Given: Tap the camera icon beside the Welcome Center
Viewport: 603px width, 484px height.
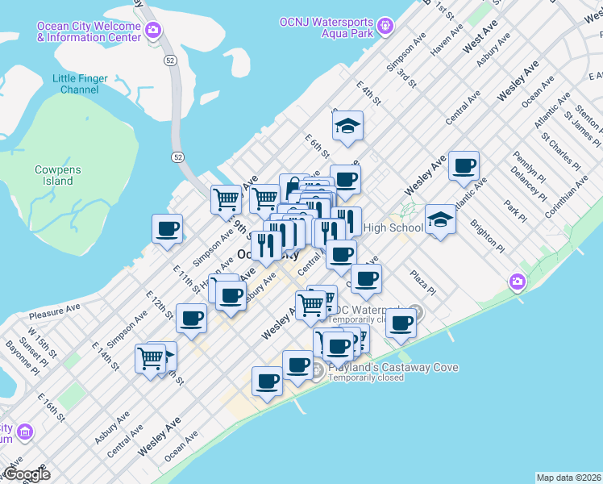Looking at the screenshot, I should tap(153, 31).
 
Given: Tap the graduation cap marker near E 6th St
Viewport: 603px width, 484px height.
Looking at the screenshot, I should tap(347, 127).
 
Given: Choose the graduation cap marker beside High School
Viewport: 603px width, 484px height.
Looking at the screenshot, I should tap(440, 219).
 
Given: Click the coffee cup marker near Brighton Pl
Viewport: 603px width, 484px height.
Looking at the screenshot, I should tap(464, 166).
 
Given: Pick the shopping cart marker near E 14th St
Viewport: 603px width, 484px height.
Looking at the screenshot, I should tap(151, 358).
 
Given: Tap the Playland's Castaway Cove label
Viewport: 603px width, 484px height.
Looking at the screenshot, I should tap(393, 368).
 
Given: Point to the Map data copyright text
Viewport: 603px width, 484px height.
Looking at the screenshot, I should tap(568, 478).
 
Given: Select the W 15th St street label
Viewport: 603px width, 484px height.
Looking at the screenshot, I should tap(40, 339).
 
